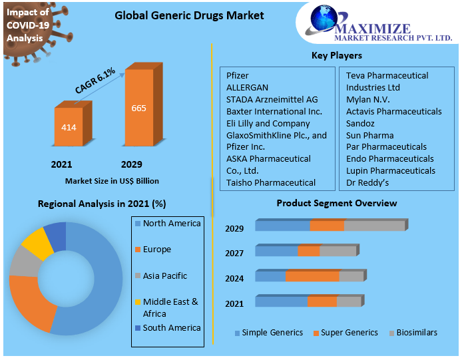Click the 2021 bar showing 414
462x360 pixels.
point(69,126)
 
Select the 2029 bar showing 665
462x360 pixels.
point(138,108)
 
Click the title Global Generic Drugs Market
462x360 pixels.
point(180,15)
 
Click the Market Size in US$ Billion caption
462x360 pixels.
point(112,180)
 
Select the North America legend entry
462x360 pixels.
point(171,224)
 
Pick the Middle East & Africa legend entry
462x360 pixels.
point(170,307)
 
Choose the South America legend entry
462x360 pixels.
point(171,327)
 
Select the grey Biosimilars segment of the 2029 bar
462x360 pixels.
point(374,226)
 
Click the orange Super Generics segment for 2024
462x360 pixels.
point(312,275)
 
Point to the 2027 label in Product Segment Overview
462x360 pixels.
point(234,254)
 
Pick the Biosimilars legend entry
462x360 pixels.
point(417,332)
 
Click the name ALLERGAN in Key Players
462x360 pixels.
point(247,88)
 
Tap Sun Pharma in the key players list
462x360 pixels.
point(369,136)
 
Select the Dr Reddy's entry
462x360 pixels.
point(367,182)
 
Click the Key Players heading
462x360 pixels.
point(337,55)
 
